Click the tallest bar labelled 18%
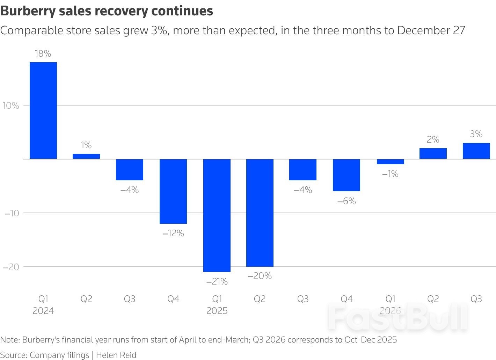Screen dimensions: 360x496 [x=43, y=110]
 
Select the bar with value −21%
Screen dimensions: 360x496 [x=217, y=215]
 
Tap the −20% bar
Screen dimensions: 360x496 [x=260, y=213]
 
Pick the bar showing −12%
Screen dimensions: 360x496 [x=173, y=191]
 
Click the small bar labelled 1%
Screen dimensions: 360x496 [x=86, y=156]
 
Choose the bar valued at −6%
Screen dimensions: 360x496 [x=347, y=175]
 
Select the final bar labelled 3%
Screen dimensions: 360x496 [x=476, y=151]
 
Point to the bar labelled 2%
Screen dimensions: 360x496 [x=433, y=153]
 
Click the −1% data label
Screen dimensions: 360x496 [x=390, y=174]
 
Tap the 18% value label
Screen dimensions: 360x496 [x=43, y=53]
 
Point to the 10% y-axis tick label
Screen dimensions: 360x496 [x=11, y=106]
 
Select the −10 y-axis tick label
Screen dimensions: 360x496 [x=12, y=213]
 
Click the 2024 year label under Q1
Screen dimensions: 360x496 [x=43, y=311]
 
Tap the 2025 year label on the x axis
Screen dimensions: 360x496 [x=217, y=311]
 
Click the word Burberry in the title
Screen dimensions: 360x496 [x=28, y=11]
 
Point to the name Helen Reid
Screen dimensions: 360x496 [x=116, y=355]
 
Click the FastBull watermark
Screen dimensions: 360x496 [x=398, y=317]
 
